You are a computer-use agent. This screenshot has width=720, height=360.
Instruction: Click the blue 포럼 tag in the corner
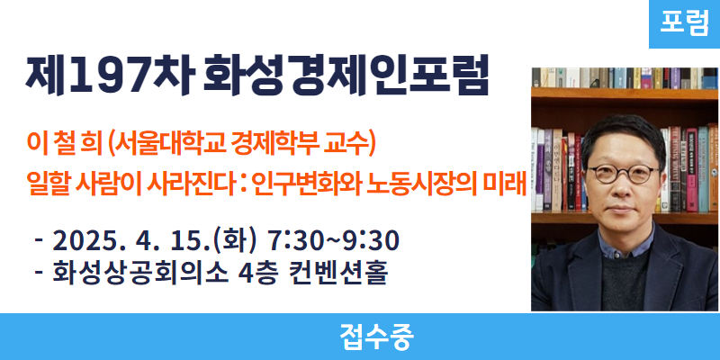click(x=684, y=24)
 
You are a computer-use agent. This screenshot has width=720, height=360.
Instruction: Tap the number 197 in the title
click(x=103, y=76)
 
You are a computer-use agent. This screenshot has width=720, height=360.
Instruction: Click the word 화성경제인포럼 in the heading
click(x=345, y=76)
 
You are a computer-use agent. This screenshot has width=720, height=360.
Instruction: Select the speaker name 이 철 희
click(x=64, y=144)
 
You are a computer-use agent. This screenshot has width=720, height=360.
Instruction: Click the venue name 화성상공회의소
click(x=139, y=274)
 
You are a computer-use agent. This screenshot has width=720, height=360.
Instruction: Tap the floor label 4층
click(x=258, y=274)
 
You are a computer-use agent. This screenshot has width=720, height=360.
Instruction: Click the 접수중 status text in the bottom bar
click(x=376, y=337)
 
